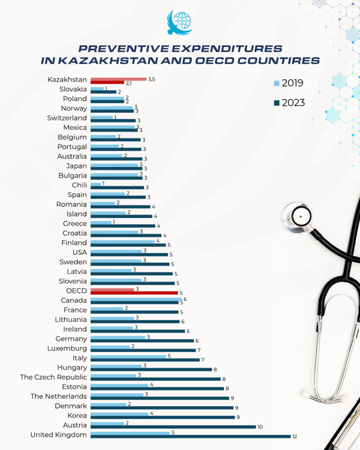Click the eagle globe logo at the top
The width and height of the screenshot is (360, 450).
pyautogui.click(x=179, y=23)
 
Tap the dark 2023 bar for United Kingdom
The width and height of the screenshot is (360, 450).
pyautogui.click(x=190, y=436)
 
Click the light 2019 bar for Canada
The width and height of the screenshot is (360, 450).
pyautogui.click(x=136, y=299)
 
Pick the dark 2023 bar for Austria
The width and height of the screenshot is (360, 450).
pyautogui.click(x=173, y=427)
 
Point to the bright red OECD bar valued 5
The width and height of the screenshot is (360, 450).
pyautogui.click(x=134, y=293)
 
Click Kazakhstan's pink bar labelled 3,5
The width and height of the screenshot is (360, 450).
pyautogui.click(x=118, y=79)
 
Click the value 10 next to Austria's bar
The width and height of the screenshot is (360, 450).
pyautogui.click(x=261, y=427)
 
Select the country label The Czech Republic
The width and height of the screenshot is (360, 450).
pyautogui.click(x=53, y=377)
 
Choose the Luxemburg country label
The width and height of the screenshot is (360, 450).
pyautogui.click(x=67, y=348)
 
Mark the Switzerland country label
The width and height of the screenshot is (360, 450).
pyautogui.click(x=67, y=118)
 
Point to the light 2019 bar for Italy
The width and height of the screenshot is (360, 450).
pyautogui.click(x=128, y=356)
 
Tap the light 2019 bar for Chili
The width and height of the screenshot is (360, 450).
pyautogui.click(x=95, y=184)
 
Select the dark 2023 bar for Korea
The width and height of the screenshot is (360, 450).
pyautogui.click(x=162, y=417)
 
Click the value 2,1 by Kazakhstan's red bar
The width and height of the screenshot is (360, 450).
pyautogui.click(x=129, y=83)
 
